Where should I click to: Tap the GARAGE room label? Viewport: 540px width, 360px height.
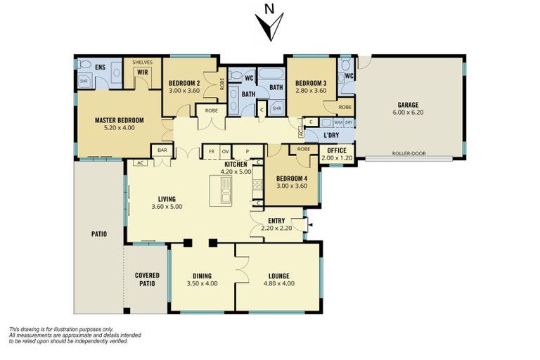(x=408, y=105)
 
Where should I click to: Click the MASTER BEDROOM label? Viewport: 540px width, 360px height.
(x=119, y=120)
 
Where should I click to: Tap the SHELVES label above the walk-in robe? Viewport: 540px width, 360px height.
(x=143, y=62)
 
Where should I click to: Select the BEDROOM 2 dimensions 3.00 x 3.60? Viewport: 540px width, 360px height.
(x=184, y=91)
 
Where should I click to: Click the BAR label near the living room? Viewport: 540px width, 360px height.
(x=162, y=150)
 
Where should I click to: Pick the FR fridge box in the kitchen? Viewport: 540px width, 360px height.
(x=210, y=151)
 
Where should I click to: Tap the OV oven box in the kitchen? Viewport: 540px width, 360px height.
(x=226, y=151)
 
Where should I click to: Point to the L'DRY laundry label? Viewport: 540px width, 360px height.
(x=332, y=135)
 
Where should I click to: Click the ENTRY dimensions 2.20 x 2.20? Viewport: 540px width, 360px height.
(x=275, y=229)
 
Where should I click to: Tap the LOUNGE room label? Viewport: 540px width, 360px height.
(x=278, y=276)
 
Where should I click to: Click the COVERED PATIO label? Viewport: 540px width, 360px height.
(x=147, y=278)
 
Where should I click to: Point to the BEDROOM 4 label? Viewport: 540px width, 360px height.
(x=290, y=178)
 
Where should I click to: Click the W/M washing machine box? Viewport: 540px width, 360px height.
(x=338, y=122)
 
